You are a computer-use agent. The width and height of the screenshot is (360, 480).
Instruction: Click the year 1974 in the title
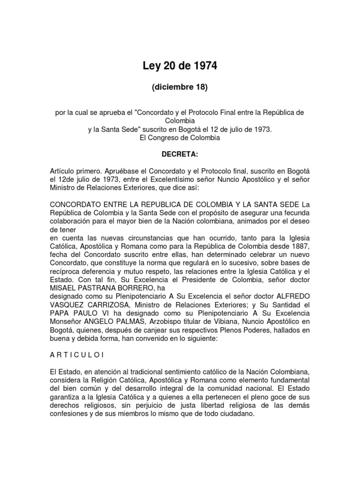(203, 67)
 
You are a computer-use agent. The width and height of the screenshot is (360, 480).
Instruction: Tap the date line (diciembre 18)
(180, 88)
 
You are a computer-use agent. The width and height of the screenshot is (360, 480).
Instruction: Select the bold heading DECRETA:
(180, 153)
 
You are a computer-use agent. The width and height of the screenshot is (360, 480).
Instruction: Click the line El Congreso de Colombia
(180, 138)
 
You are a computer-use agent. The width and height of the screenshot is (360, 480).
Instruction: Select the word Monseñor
(66, 322)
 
